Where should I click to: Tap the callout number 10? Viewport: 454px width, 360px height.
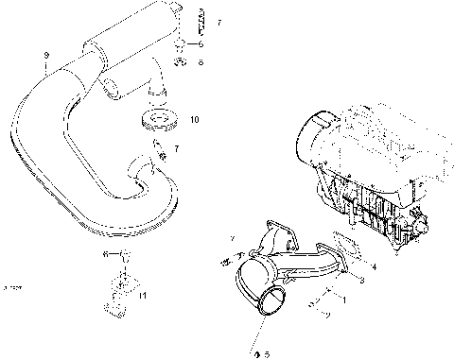pyautogui.click(x=194, y=120)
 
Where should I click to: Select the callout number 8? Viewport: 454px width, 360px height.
pyautogui.click(x=201, y=62)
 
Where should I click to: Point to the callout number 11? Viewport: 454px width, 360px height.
pyautogui.click(x=143, y=296)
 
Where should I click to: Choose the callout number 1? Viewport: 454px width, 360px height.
pyautogui.click(x=344, y=300)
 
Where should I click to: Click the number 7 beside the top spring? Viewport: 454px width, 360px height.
pyautogui.click(x=219, y=22)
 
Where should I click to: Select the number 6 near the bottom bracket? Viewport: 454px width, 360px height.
pyautogui.click(x=105, y=255)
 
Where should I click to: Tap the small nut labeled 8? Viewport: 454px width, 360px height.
pyautogui.click(x=181, y=62)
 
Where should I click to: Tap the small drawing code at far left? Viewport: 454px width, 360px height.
pyautogui.click(x=12, y=284)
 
